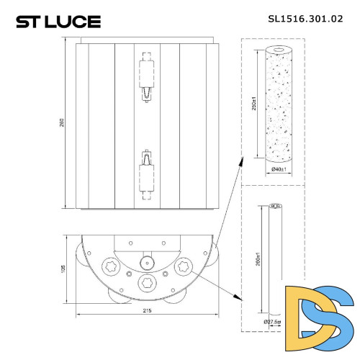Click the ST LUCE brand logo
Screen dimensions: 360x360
pos(58,21)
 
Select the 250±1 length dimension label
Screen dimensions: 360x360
pos(254,104)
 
